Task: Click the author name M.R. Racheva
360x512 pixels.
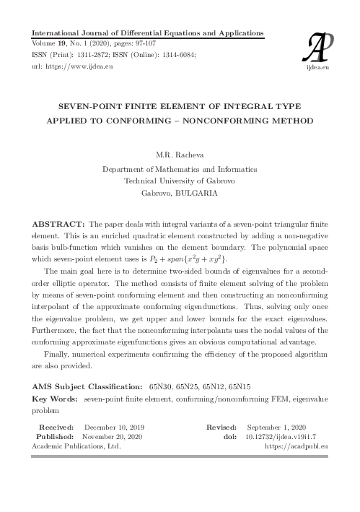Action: coord(180,155)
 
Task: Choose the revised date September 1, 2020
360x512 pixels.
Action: coord(286,428)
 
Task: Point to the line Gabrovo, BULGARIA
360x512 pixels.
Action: coord(180,194)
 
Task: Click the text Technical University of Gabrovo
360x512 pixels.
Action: coord(180,181)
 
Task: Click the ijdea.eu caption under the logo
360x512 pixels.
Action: coord(317,66)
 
